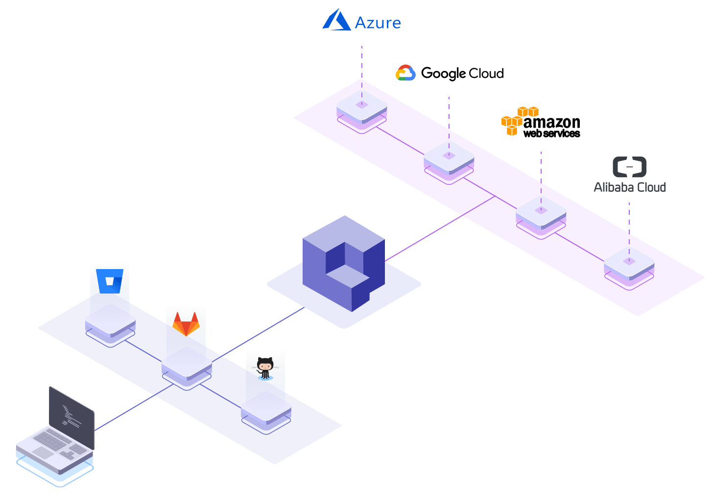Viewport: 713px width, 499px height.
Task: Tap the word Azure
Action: click(x=378, y=23)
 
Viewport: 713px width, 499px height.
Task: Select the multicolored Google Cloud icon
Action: click(x=405, y=73)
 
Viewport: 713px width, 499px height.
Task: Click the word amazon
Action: click(x=551, y=123)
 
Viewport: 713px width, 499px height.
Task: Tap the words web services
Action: click(x=551, y=134)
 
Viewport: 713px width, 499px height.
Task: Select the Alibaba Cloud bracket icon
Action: click(x=629, y=167)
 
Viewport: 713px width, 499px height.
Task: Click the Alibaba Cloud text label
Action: click(x=630, y=187)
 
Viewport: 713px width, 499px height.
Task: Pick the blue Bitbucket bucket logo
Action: click(x=110, y=281)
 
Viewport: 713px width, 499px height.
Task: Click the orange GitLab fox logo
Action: click(x=186, y=324)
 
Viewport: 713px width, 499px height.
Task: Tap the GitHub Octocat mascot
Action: click(x=265, y=368)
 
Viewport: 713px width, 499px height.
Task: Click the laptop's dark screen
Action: click(x=71, y=417)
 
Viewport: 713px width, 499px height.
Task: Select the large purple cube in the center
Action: click(x=344, y=263)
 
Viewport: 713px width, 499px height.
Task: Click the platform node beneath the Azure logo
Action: click(x=361, y=112)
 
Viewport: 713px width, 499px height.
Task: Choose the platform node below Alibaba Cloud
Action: click(x=629, y=269)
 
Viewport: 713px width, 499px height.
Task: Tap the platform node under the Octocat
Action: click(x=266, y=412)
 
